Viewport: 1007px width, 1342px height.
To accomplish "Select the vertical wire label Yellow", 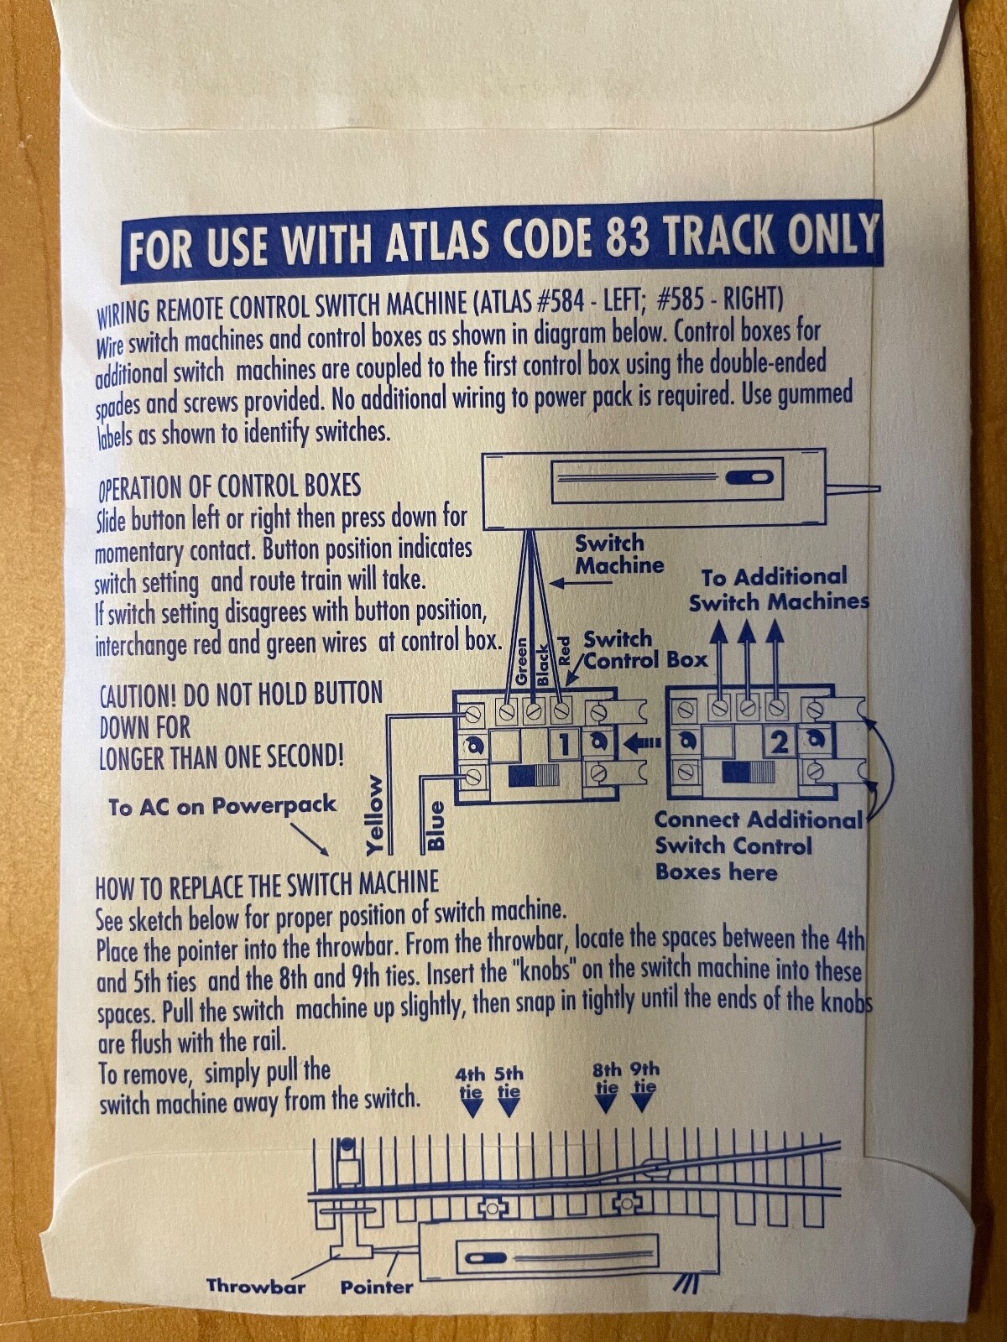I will [375, 815].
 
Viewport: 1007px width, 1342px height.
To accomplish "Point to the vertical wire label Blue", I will [436, 825].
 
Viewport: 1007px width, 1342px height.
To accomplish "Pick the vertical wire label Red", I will [564, 652].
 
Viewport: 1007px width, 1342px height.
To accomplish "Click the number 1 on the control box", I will [565, 743].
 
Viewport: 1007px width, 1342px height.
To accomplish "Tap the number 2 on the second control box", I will [780, 742].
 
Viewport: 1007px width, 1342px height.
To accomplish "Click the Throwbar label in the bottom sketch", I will [256, 1286].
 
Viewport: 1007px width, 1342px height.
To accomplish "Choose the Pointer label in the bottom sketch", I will [377, 1287].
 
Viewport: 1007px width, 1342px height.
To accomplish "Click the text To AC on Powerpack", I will [222, 806].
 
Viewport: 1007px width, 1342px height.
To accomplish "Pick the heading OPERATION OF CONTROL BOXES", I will [229, 486].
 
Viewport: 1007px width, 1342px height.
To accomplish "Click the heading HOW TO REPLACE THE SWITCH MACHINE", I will [267, 886].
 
